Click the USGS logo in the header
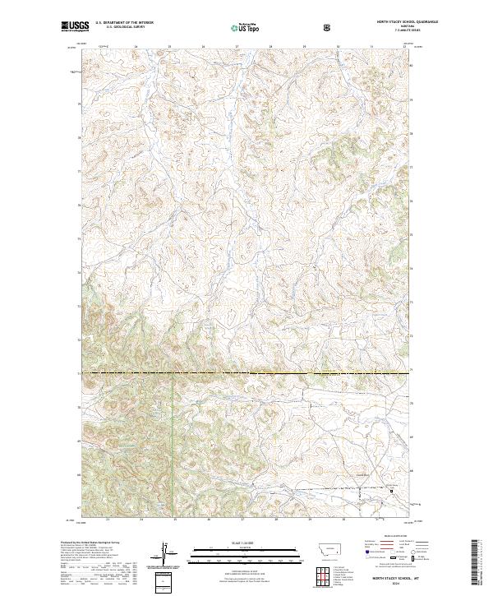point(71,27)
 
